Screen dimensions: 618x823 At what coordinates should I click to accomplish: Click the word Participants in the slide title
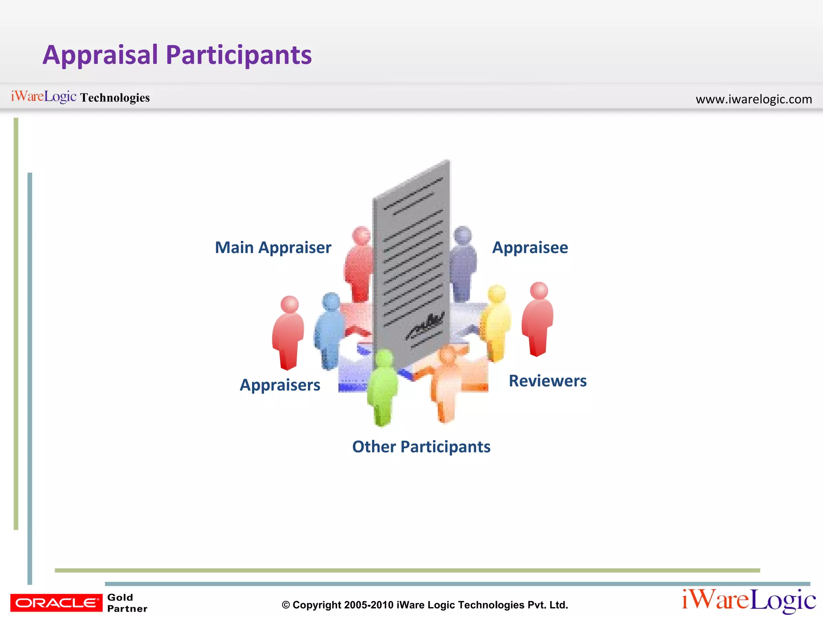239,55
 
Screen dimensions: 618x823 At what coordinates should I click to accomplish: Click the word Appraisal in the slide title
100,55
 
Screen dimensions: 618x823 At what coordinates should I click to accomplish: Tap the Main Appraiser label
273,247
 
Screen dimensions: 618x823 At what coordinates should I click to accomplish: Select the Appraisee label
530,247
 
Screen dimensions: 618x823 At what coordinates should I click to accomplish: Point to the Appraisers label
280,385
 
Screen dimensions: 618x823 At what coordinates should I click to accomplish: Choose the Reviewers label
547,381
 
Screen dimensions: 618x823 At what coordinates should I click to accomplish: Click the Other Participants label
421,447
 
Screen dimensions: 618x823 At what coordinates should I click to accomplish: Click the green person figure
382,388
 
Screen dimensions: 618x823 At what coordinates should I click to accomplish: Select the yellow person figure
497,322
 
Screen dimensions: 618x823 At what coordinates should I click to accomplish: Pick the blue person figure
330,330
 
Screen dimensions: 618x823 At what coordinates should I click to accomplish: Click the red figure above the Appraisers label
288,332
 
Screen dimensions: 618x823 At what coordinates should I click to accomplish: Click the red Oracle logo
56,603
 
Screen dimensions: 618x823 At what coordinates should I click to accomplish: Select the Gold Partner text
127,603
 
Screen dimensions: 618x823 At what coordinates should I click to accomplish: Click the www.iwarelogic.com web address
753,99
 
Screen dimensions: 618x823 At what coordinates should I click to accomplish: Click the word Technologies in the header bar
115,98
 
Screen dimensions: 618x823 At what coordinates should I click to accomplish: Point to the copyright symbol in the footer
286,605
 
